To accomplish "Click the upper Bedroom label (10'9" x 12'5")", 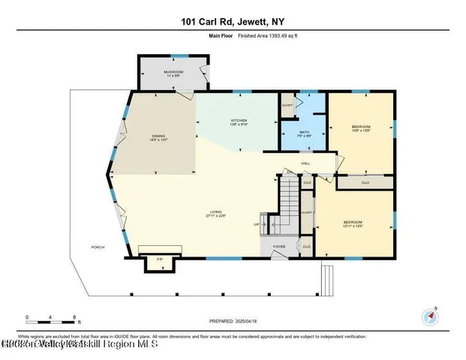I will (x=361, y=129).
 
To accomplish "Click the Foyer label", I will (x=278, y=245).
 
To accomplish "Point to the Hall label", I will (x=306, y=163).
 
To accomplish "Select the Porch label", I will (x=98, y=246).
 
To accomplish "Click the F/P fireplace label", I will (x=158, y=259).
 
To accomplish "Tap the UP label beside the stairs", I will (x=257, y=224).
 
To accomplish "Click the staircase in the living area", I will (x=289, y=202).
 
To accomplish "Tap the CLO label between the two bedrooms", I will (x=365, y=182).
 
